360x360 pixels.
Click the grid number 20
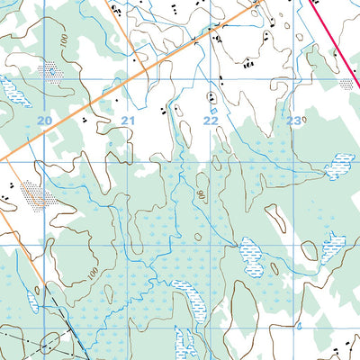[x=45, y=119]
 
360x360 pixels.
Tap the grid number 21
[x=128, y=120]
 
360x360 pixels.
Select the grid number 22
[x=211, y=120]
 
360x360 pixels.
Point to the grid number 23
[x=293, y=120]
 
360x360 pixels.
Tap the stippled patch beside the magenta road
[x=346, y=84]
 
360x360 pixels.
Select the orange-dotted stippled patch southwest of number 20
[x=33, y=193]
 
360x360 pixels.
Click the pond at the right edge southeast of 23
[x=340, y=166]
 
